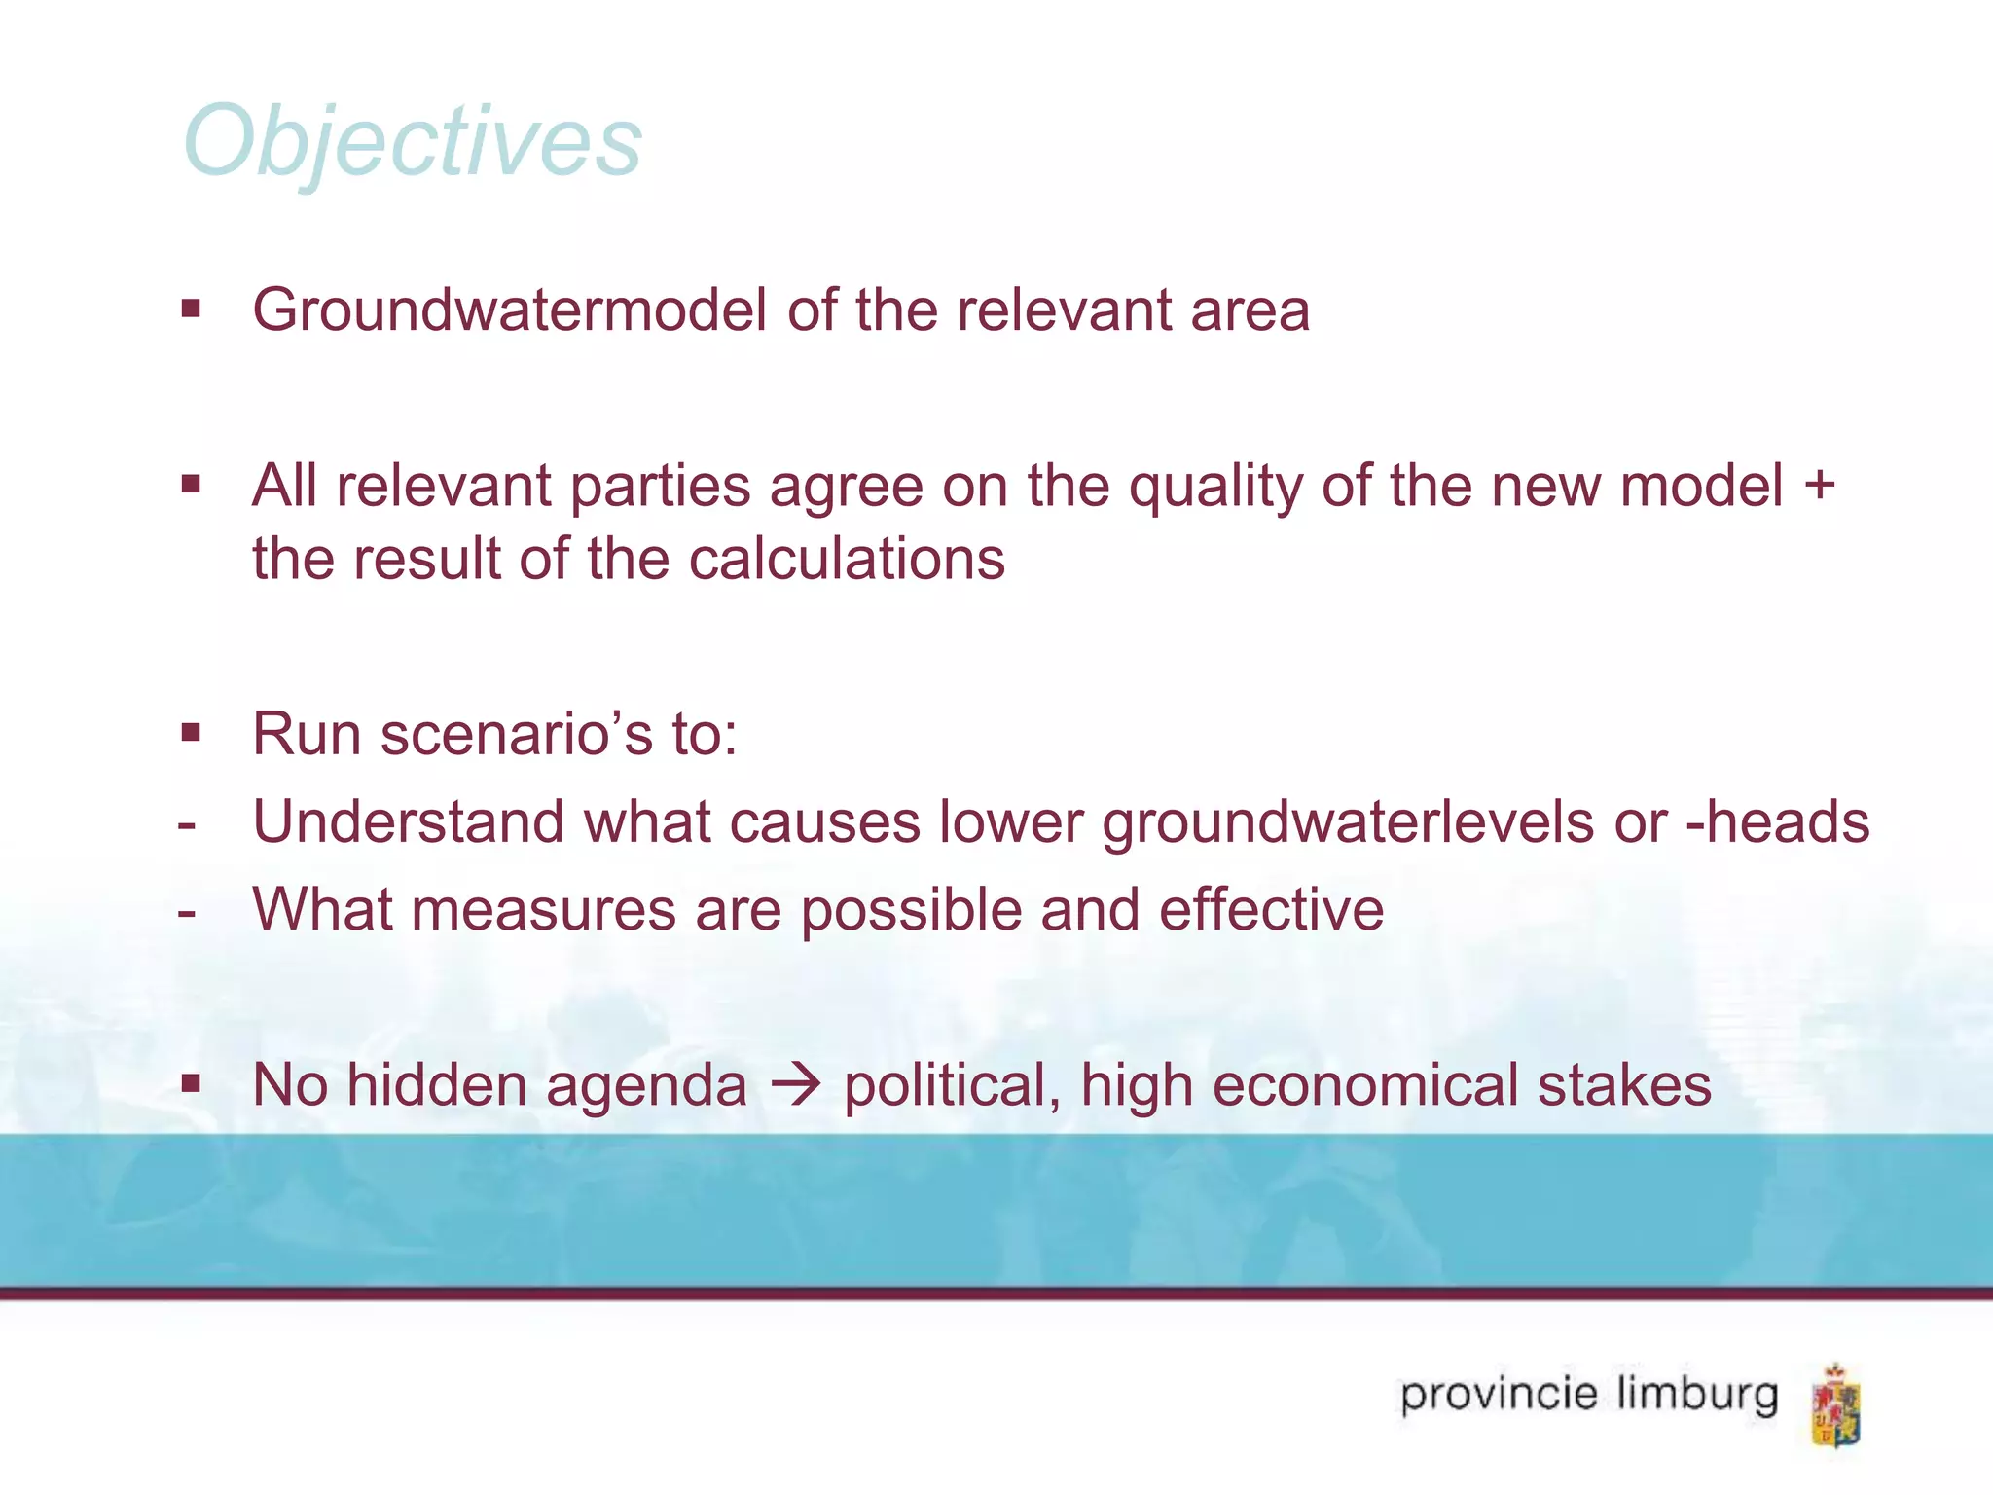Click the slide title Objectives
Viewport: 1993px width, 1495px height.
click(x=413, y=142)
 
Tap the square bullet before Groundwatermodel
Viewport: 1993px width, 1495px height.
click(x=191, y=310)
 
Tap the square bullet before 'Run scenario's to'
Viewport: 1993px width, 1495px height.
click(x=191, y=732)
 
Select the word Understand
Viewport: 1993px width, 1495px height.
click(x=408, y=821)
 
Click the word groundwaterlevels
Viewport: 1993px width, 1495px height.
click(x=1348, y=823)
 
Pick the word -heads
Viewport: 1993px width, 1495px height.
click(x=1778, y=821)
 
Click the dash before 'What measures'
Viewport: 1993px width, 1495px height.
click(x=188, y=913)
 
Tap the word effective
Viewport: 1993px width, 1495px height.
click(x=1271, y=910)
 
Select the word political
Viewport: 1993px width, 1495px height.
click(x=952, y=1086)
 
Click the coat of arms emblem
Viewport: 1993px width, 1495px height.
click(x=1835, y=1404)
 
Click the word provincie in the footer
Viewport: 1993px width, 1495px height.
click(x=1499, y=1396)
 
